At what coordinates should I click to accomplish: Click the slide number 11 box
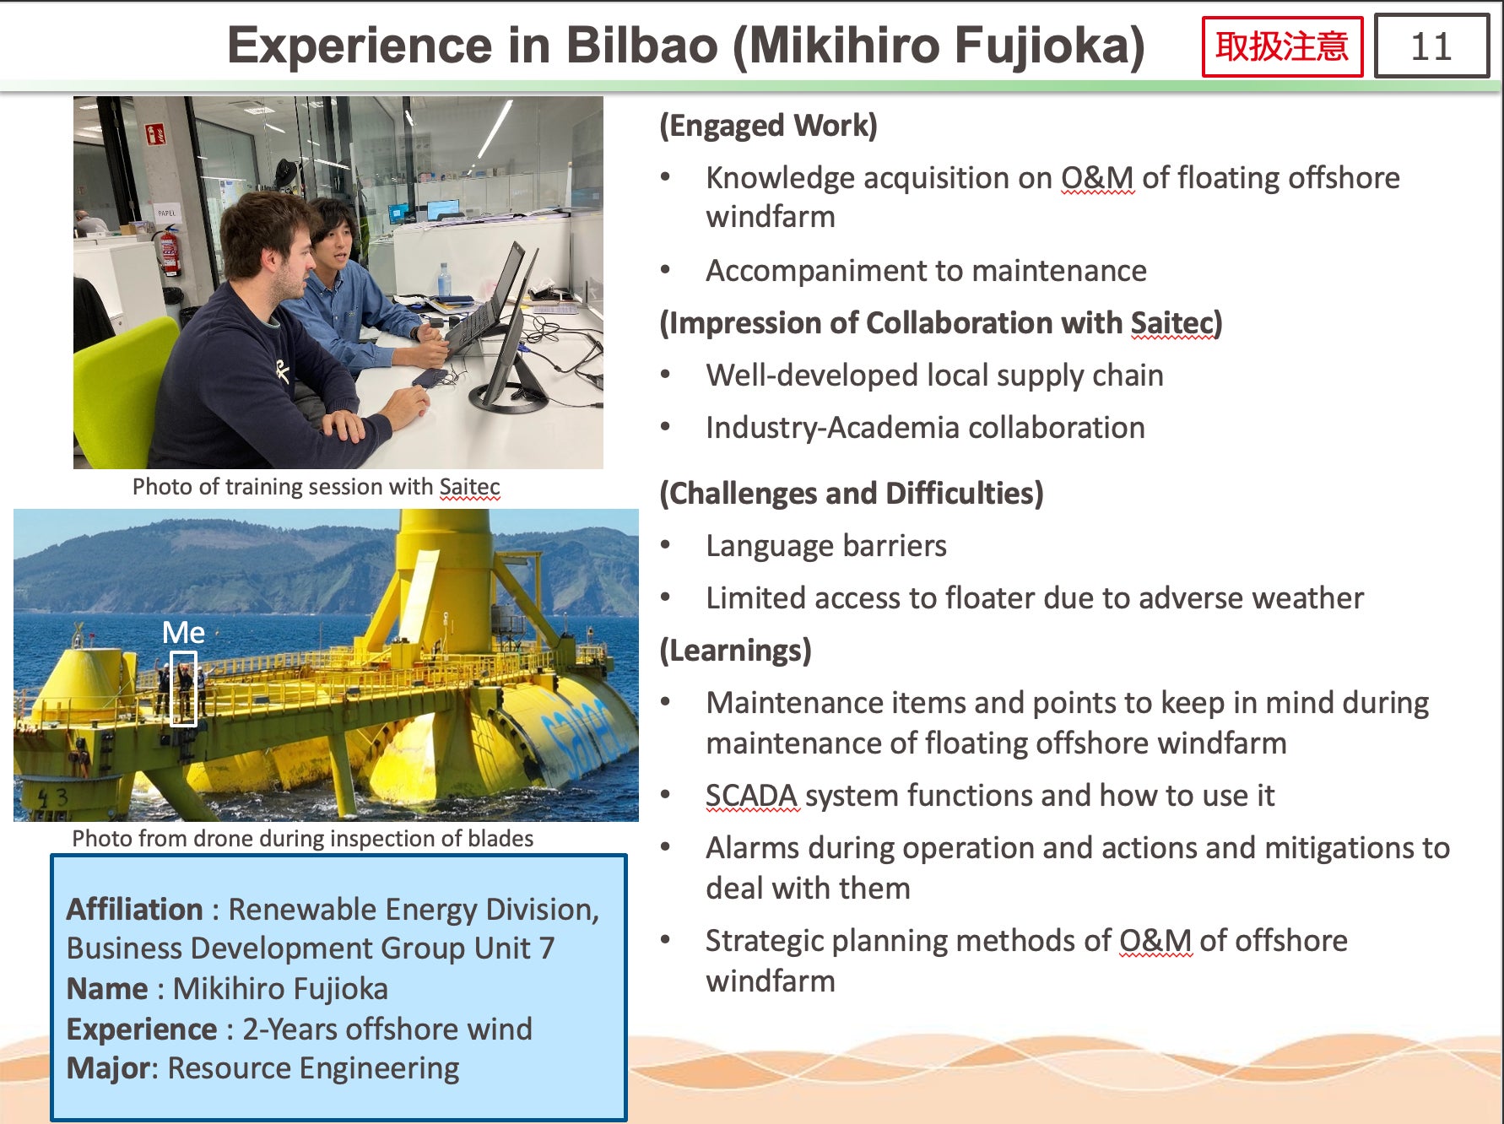(x=1431, y=46)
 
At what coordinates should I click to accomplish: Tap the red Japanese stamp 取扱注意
(x=1282, y=46)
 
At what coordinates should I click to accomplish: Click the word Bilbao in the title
(x=641, y=46)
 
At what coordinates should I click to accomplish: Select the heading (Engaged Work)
(x=768, y=126)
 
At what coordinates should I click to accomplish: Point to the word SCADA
(x=751, y=796)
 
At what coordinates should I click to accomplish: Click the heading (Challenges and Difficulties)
(x=851, y=494)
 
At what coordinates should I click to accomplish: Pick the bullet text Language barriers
(x=826, y=546)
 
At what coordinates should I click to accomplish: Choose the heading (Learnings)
(x=735, y=651)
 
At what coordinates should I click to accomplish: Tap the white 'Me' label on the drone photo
(x=183, y=632)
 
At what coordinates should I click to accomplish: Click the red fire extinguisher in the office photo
(x=170, y=251)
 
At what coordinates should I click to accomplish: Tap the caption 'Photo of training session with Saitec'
(x=316, y=487)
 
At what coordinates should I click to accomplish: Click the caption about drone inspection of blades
(x=303, y=839)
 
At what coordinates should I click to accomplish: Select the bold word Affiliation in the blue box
(x=135, y=910)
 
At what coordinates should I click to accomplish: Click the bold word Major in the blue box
(x=109, y=1068)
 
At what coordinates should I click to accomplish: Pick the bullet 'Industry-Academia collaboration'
(x=925, y=428)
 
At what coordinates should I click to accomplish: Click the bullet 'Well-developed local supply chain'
(x=934, y=376)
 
